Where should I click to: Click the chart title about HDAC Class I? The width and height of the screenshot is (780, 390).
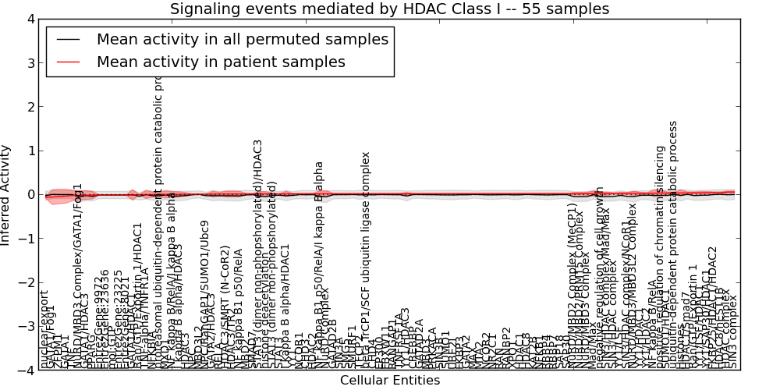point(389,9)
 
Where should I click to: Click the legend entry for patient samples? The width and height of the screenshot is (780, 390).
point(221,62)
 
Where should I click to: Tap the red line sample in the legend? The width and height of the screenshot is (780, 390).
point(69,62)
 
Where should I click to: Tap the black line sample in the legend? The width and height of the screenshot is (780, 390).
point(69,39)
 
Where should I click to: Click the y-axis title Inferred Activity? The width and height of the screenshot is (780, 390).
point(7,194)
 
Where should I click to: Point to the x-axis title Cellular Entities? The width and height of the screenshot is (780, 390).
point(389,381)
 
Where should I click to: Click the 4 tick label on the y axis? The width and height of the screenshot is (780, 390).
point(29,19)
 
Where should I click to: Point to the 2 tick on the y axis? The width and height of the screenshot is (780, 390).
point(29,107)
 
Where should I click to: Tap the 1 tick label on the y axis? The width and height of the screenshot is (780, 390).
point(29,151)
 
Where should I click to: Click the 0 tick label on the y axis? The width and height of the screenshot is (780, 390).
point(29,194)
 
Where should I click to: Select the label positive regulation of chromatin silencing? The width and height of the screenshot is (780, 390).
point(660,257)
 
